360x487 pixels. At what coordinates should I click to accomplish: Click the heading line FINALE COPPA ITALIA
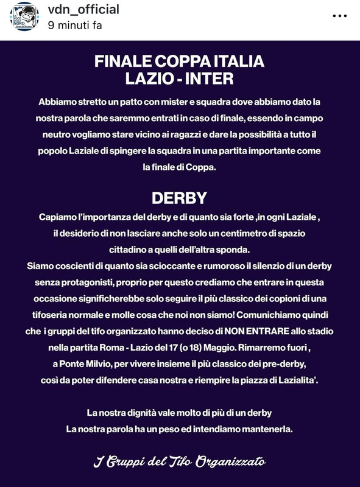[179, 62]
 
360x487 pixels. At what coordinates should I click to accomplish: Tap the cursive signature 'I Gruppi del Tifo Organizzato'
[179, 461]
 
